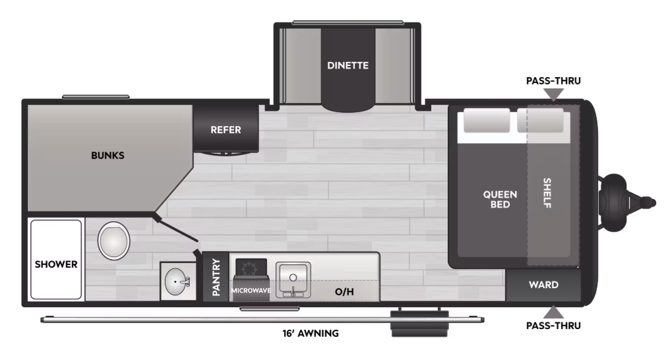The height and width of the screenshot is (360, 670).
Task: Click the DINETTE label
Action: (x=348, y=65)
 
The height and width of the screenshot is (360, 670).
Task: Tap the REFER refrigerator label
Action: (x=226, y=130)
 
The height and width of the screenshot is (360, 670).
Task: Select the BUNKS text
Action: (x=107, y=156)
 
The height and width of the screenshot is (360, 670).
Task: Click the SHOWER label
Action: (x=56, y=264)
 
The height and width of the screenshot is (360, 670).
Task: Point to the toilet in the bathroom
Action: (x=113, y=241)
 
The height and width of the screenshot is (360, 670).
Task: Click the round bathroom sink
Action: (x=177, y=282)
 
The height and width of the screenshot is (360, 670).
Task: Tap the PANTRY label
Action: (x=216, y=277)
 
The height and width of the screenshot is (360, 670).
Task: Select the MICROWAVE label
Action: (x=251, y=290)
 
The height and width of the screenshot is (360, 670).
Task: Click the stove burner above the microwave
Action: (x=251, y=268)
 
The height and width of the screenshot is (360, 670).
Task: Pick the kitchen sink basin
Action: (x=293, y=280)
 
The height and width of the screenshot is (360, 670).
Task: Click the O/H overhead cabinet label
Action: (x=344, y=292)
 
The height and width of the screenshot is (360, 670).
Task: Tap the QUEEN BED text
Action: (x=500, y=199)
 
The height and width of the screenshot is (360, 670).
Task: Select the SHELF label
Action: (x=547, y=193)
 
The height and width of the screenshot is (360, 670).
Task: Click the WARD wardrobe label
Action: (x=543, y=285)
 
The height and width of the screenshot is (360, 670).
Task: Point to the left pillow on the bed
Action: (x=487, y=120)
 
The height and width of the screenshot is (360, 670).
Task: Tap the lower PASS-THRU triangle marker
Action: (x=553, y=312)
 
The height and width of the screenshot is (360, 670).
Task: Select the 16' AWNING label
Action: (x=311, y=334)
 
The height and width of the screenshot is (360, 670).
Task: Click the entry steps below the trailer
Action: (x=420, y=324)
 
